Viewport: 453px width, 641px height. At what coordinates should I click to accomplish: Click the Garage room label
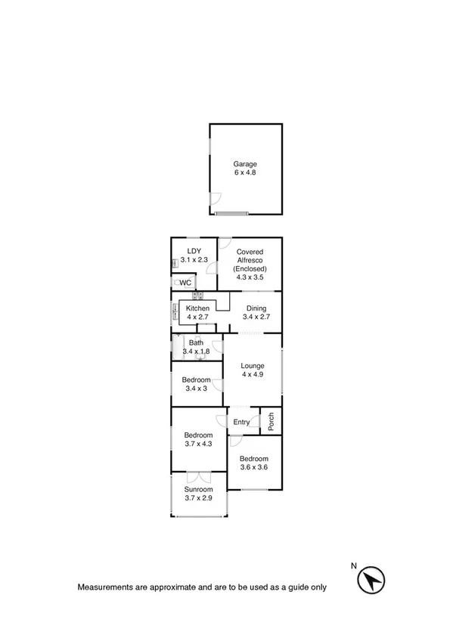[245, 163]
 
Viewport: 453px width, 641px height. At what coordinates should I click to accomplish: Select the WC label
[185, 283]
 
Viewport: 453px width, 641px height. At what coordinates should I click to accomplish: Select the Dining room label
[256, 308]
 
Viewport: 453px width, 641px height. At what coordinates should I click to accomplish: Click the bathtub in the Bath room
[179, 347]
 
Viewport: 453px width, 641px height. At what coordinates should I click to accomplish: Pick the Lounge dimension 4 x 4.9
[253, 375]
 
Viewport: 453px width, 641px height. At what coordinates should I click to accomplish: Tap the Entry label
[241, 422]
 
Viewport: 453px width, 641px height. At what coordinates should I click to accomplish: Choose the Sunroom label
[197, 489]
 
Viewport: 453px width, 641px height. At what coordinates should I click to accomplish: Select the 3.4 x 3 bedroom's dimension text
[197, 389]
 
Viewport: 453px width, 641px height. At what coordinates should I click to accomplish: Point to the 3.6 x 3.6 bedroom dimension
[253, 468]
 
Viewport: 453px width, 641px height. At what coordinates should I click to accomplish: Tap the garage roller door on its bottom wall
[231, 214]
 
